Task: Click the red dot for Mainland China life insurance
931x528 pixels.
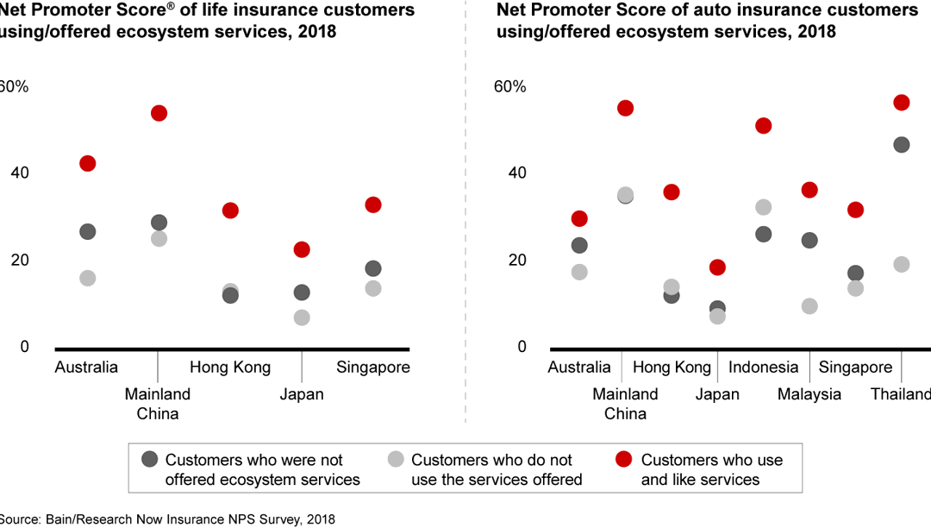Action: (159, 113)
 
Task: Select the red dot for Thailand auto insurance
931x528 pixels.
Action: (902, 103)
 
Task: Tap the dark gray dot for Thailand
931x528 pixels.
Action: (902, 145)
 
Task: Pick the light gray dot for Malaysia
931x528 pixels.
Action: (809, 306)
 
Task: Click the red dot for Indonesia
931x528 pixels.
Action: (763, 126)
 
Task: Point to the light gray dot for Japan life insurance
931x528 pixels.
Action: (302, 317)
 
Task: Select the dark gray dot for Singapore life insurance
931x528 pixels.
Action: (373, 268)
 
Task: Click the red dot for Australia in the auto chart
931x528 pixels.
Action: (579, 219)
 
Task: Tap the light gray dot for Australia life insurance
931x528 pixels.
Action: (87, 279)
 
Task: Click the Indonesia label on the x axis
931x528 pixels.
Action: (763, 368)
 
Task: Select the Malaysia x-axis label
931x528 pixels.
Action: (809, 394)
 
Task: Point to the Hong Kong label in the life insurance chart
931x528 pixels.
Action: (230, 368)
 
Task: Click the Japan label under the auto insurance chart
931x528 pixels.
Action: (717, 394)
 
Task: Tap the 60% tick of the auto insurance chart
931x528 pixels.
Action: (509, 87)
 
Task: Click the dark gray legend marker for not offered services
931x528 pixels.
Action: (150, 460)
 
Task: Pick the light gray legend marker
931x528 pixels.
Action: (396, 460)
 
